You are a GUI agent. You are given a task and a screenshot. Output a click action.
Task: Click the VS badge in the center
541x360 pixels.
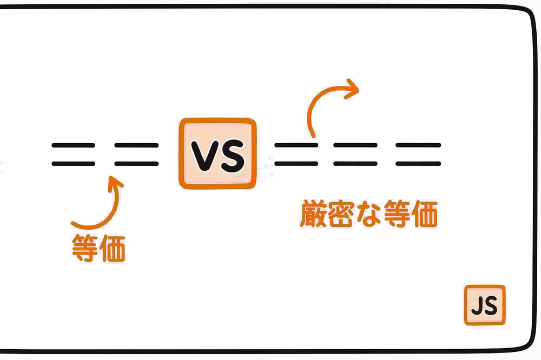tap(217, 154)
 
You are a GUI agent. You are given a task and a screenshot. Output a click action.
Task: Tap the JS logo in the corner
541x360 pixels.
tap(485, 305)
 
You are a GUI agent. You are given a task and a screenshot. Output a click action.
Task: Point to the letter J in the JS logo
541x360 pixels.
tap(477, 306)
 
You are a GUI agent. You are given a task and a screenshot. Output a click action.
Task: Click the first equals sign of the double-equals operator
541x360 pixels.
tap(73, 154)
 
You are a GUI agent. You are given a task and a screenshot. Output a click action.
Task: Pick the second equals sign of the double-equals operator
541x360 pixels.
tap(136, 154)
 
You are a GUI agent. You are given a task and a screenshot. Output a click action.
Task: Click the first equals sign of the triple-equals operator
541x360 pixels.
tap(296, 154)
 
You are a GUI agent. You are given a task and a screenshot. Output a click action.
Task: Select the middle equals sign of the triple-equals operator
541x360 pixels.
tap(355, 154)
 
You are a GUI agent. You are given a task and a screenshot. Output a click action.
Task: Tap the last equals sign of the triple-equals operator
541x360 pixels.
tap(418, 154)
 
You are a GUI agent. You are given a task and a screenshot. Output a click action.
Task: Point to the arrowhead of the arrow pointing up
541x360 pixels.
tap(114, 183)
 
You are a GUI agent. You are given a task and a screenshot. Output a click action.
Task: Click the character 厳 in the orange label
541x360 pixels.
tap(314, 215)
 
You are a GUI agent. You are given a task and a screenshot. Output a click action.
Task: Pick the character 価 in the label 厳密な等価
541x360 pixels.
tap(424, 215)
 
